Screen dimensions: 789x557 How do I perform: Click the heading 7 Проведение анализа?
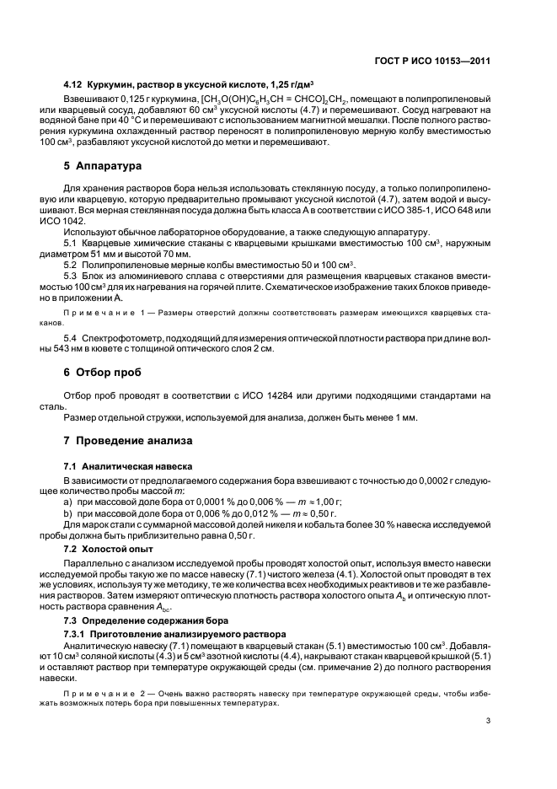coord(122,441)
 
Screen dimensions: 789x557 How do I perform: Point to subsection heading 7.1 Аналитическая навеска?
coord(128,466)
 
